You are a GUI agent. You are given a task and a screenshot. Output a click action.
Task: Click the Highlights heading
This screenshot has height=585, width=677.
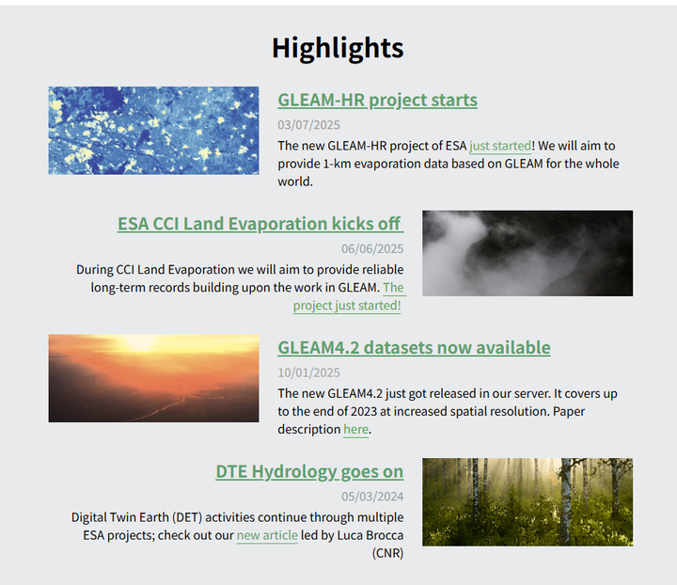pos(338,48)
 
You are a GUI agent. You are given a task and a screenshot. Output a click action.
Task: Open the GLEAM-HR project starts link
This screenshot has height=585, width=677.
pos(377,100)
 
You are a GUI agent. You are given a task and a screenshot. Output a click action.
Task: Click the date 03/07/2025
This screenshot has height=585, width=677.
pos(308,125)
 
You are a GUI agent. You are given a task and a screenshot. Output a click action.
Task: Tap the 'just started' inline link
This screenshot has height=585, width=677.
pos(500,146)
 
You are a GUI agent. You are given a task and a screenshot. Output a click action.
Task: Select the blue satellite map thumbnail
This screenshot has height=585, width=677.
pos(153,131)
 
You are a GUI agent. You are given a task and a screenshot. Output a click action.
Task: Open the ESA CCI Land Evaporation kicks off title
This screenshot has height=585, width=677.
pos(260,224)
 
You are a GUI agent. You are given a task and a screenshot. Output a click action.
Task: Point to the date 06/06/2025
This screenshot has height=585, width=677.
pos(372,248)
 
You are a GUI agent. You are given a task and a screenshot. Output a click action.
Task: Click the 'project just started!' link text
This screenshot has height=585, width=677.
pos(347,306)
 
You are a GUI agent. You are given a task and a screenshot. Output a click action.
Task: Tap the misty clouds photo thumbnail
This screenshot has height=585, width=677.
pos(527,253)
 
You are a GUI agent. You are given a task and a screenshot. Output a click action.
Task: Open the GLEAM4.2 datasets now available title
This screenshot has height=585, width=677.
pos(414,348)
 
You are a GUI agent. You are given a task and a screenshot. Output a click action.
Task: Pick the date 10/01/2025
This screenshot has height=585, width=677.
pos(308,372)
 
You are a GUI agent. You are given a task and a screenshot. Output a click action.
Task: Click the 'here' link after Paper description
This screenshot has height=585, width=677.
pos(355,430)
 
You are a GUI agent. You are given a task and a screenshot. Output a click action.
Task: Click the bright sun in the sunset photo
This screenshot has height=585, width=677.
pos(139,342)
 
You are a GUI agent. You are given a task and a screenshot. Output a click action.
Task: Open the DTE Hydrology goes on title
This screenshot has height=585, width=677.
pos(309,472)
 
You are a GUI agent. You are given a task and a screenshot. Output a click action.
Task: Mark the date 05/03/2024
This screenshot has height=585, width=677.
pos(372,497)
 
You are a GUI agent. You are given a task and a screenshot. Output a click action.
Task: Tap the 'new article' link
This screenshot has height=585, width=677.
pos(267,535)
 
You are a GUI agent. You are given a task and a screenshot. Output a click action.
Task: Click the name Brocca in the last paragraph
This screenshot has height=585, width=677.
pos(385,535)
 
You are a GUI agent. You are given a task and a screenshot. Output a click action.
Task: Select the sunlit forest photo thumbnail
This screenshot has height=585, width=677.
pos(527,502)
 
